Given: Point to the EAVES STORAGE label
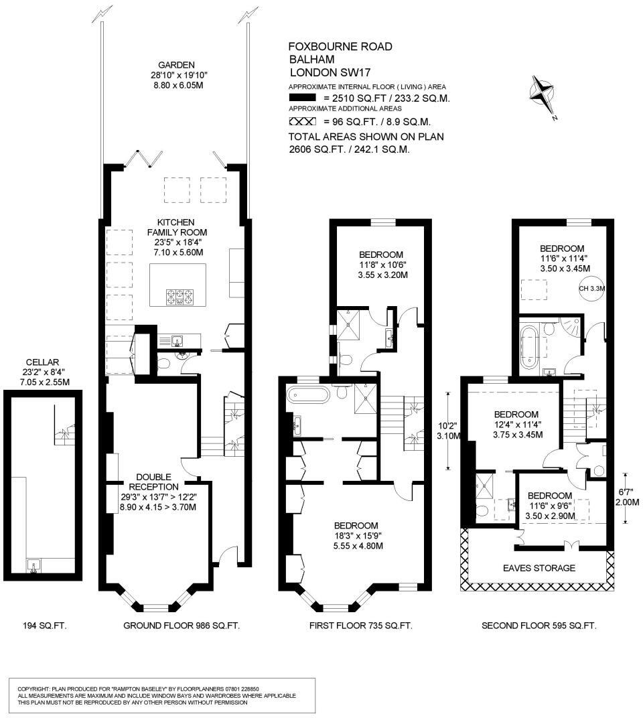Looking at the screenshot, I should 539,568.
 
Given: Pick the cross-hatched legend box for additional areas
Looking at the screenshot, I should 302,122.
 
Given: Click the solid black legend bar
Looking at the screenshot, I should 302,98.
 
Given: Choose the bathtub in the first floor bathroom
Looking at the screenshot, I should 308,394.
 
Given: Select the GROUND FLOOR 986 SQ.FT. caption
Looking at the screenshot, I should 181,626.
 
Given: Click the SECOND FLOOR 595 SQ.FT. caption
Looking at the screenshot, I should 539,626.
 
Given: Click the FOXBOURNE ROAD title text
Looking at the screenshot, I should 340,47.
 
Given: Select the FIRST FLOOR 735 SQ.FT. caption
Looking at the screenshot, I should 360,626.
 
